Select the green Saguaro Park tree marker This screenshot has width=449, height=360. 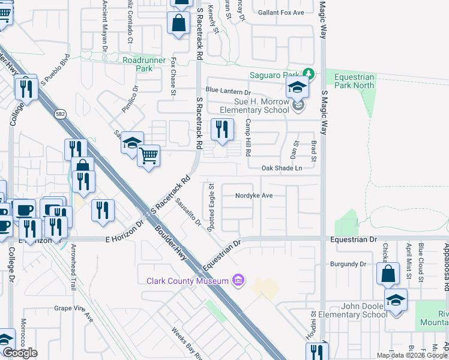(x=309, y=74)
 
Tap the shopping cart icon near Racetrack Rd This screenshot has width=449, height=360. (x=148, y=156)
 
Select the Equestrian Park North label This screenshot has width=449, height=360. (x=354, y=81)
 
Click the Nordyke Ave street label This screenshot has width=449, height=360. (x=254, y=196)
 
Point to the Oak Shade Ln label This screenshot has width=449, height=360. (x=281, y=169)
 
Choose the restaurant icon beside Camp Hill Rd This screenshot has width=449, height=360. (x=221, y=128)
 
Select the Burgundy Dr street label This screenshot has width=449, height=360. (x=348, y=264)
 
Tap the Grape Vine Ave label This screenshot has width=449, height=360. (x=74, y=310)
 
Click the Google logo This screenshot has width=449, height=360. (x=19, y=353)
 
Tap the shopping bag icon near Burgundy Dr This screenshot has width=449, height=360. (x=388, y=274)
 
